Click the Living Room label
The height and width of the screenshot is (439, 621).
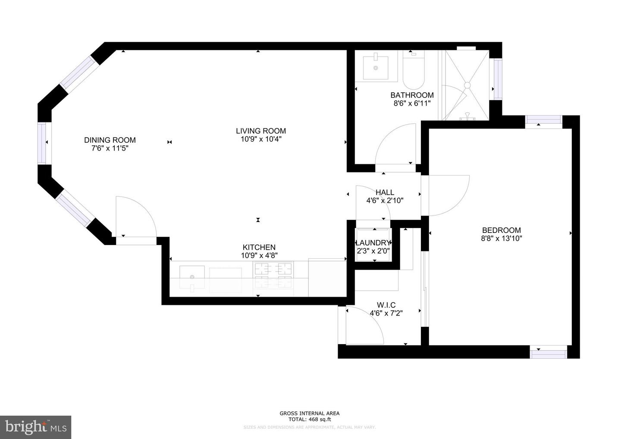(260, 131)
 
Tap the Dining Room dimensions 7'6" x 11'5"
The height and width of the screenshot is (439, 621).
(110, 148)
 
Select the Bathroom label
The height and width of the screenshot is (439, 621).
(412, 95)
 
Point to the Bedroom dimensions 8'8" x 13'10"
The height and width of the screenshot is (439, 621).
(502, 238)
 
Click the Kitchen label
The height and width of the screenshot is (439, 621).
(259, 247)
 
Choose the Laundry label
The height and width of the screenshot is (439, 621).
(373, 243)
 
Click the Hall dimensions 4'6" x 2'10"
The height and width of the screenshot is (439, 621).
(385, 201)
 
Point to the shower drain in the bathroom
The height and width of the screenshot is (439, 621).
(467, 85)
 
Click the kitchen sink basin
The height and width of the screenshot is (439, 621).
(192, 278)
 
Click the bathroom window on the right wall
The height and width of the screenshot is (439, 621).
(498, 78)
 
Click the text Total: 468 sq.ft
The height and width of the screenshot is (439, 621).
(310, 419)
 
